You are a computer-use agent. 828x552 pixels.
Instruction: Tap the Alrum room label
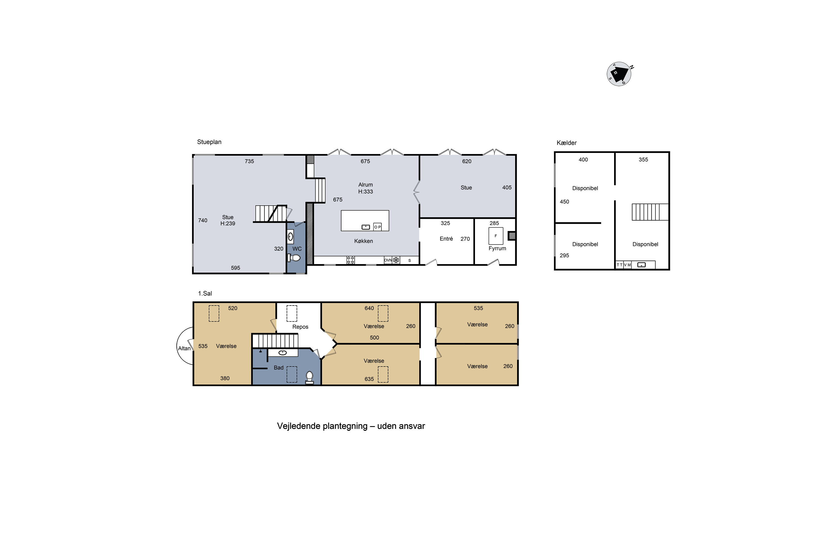[365, 185]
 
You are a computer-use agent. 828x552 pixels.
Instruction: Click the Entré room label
[446, 239]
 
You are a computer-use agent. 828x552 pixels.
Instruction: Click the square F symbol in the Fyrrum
[496, 236]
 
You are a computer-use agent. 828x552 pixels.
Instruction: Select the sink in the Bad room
[283, 352]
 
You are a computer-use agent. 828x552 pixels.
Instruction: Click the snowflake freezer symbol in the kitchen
[396, 260]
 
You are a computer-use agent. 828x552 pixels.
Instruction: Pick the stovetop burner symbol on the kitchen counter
[351, 260]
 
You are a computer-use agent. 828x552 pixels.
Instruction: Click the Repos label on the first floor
[300, 327]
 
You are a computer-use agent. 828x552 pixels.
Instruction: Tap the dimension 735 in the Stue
[249, 161]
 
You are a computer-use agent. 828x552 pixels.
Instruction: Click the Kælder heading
[566, 143]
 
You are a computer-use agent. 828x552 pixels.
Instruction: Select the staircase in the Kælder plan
[650, 212]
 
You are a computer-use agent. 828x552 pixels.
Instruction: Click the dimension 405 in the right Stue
[507, 188]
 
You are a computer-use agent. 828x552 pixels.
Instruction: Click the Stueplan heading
[209, 142]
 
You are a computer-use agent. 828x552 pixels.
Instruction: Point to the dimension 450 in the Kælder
[564, 202]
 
